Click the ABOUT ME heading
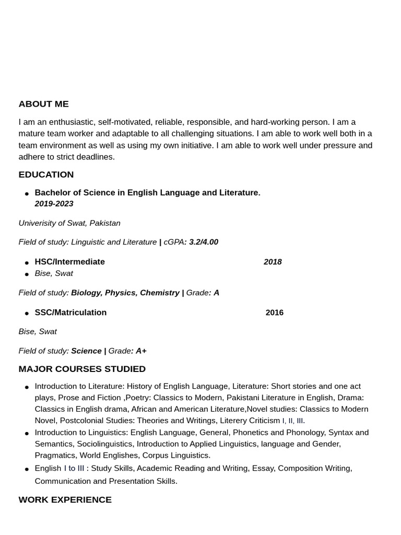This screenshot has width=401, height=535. point(43,104)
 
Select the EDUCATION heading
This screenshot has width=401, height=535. point(46,175)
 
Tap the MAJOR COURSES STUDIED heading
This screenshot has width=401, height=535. point(82,369)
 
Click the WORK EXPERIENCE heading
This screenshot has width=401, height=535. point(65,499)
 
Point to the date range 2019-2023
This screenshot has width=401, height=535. point(54,204)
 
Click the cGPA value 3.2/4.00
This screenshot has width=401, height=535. point(203,242)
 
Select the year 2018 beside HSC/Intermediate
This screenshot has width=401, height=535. point(273,262)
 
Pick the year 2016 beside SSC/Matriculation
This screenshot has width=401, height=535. point(274,312)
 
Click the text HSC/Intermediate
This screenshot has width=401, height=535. point(69,262)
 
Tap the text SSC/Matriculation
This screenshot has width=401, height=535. point(70,312)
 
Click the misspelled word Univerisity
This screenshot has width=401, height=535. point(38,223)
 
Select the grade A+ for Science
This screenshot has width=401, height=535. point(141,351)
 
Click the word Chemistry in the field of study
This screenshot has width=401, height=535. point(159,293)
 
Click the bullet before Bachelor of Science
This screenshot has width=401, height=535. point(27,194)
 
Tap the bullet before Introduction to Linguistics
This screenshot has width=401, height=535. point(27,434)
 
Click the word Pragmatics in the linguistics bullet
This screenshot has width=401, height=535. point(55,455)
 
